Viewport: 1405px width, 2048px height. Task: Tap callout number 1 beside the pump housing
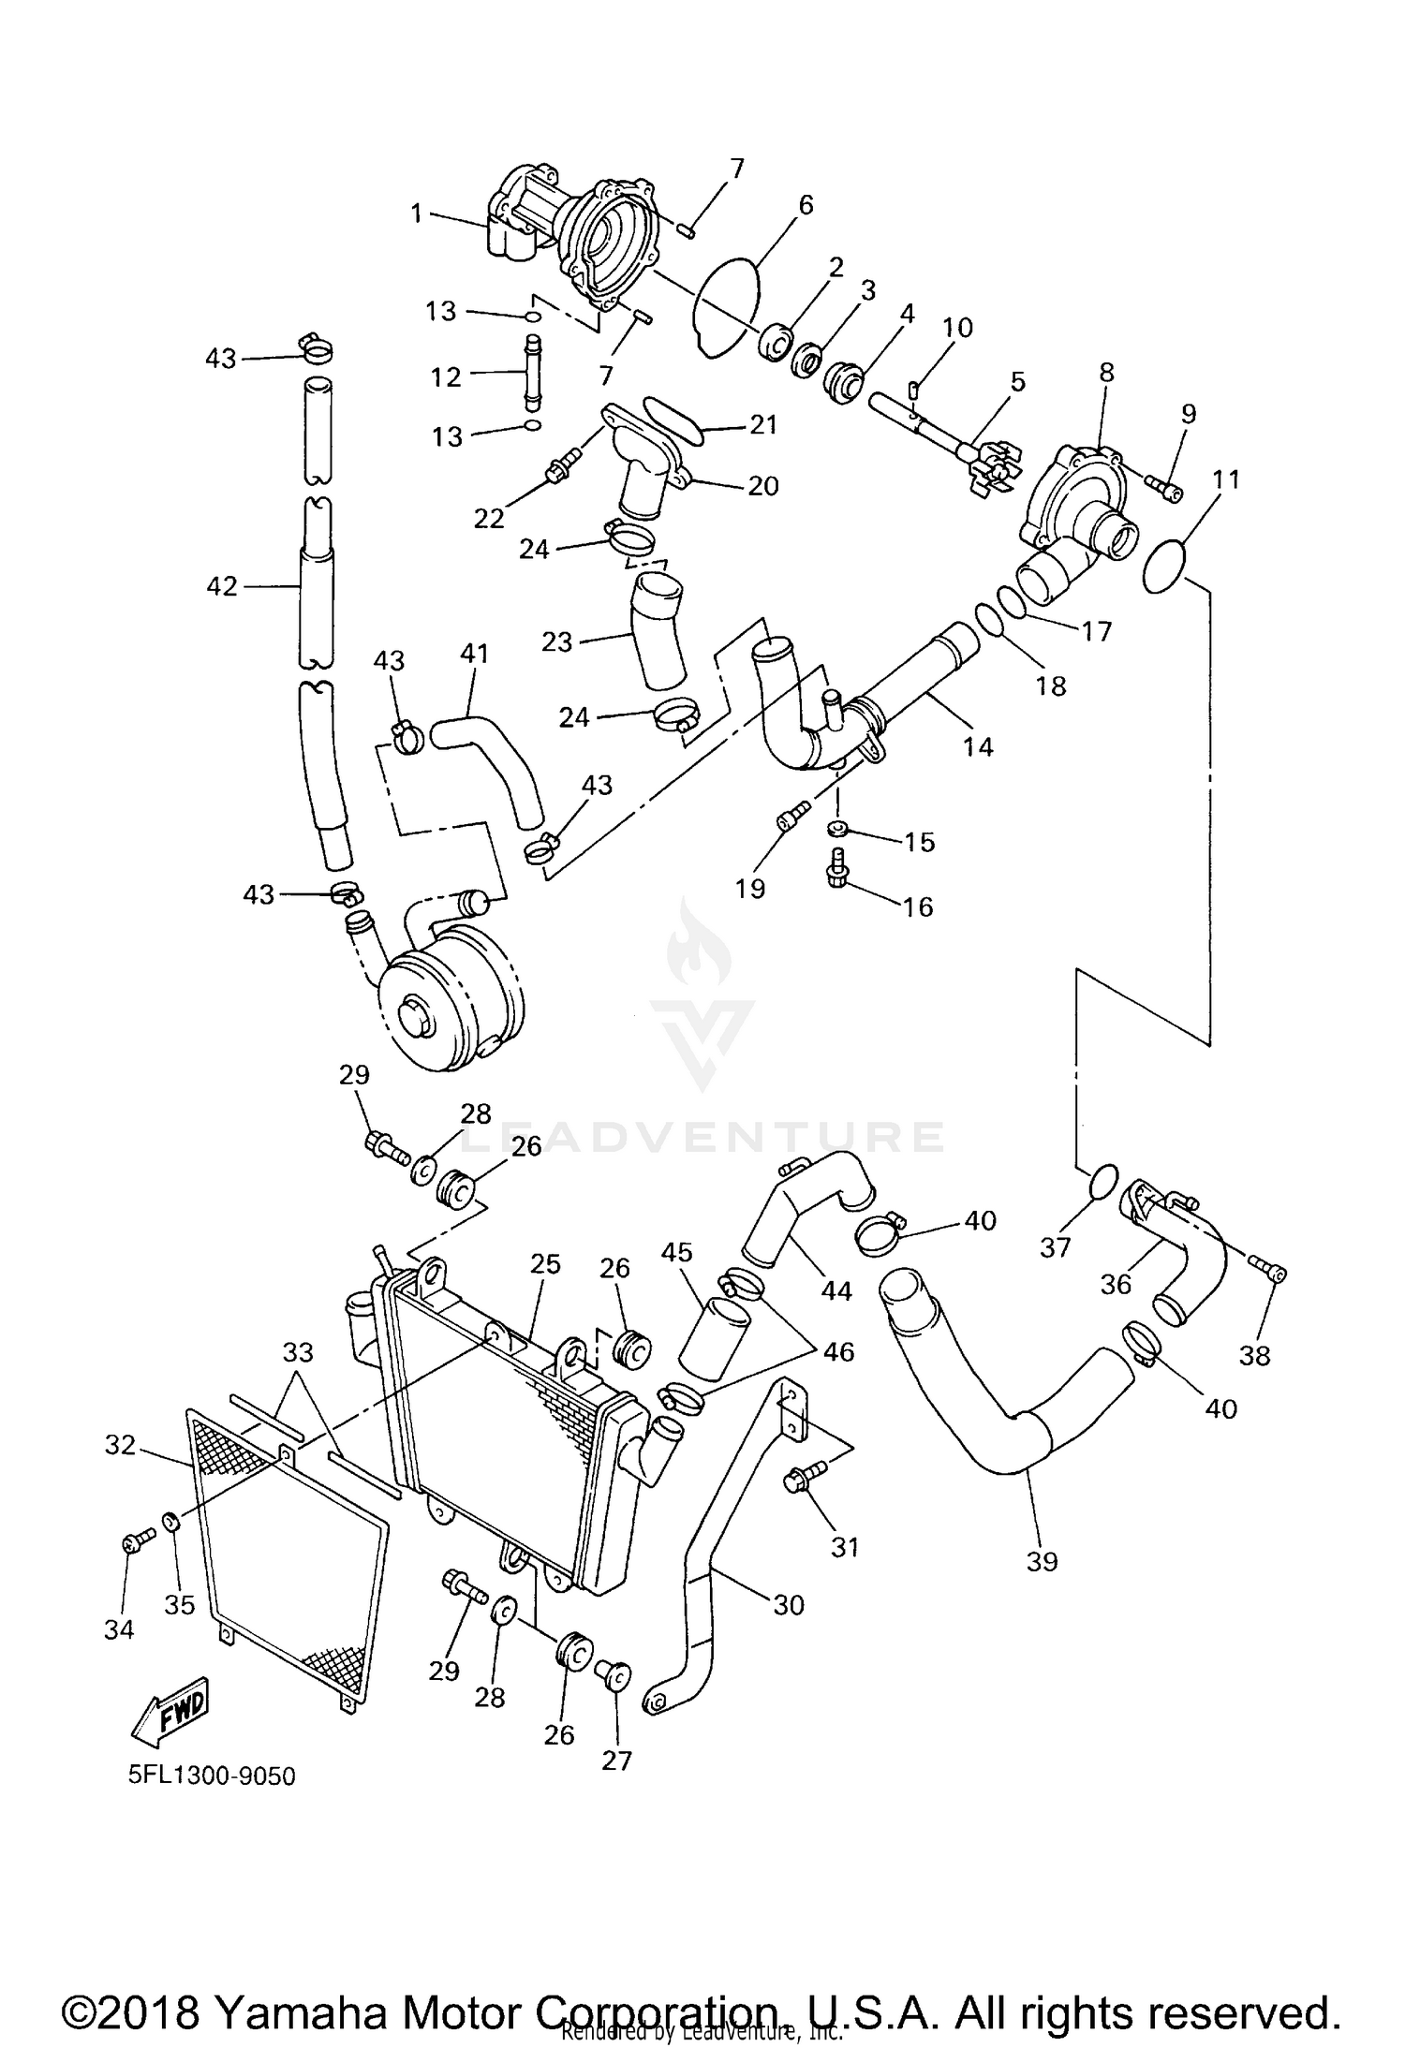[x=417, y=214]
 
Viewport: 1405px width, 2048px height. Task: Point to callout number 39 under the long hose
[x=1042, y=1561]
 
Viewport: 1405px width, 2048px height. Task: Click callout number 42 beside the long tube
[x=222, y=586]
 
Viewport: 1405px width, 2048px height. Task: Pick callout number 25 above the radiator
[x=545, y=1263]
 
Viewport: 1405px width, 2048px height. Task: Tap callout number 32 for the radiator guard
[x=120, y=1445]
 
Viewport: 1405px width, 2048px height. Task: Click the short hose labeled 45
[x=714, y=1340]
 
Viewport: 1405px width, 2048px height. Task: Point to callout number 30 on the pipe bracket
[x=789, y=1605]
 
